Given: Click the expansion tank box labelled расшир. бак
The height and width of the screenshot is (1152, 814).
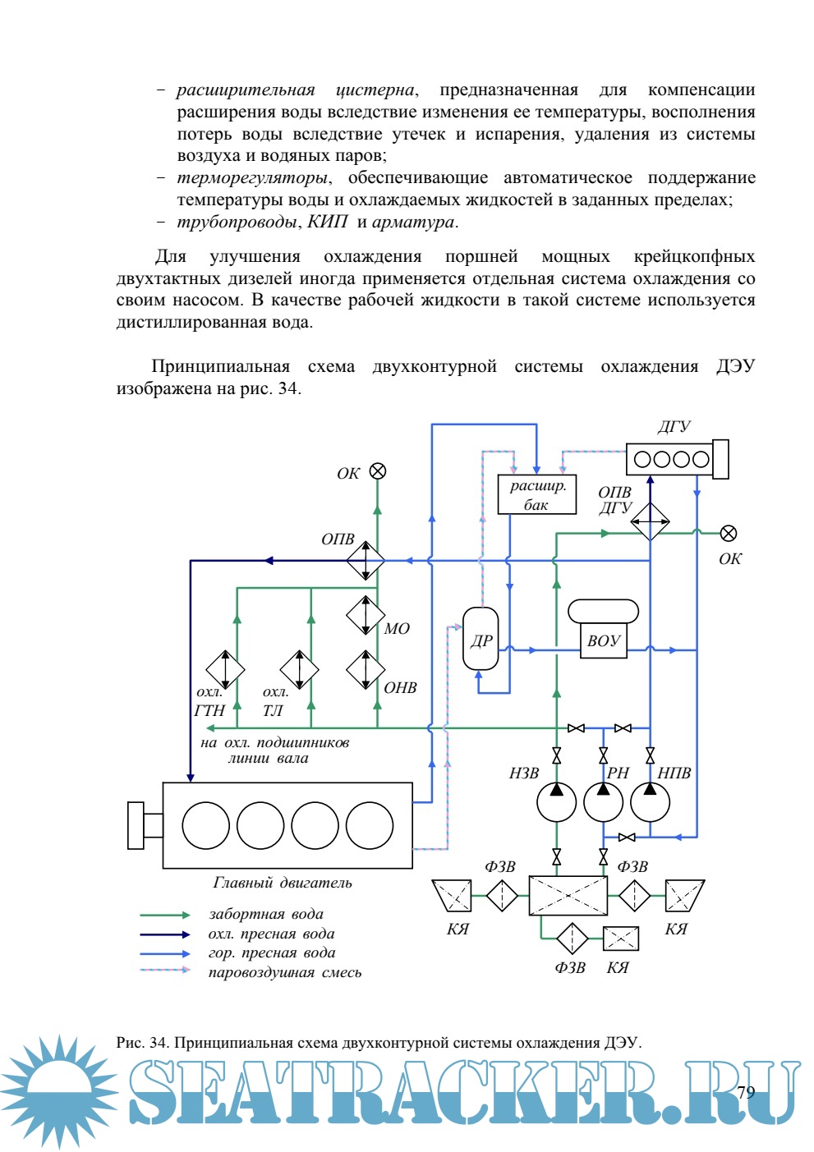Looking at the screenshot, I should pyautogui.click(x=536, y=494).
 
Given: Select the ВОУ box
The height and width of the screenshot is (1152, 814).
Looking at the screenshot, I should pyautogui.click(x=603, y=641).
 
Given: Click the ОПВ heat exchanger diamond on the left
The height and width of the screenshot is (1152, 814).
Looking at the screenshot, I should pyautogui.click(x=366, y=562).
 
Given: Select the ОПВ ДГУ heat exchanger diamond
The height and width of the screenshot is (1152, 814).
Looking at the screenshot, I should pyautogui.click(x=650, y=521).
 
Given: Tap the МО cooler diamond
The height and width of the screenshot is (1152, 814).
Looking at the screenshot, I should pyautogui.click(x=366, y=615).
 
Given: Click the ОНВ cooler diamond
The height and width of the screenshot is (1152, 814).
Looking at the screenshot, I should pyautogui.click(x=366, y=669).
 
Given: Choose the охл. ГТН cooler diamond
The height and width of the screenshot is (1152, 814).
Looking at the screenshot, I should pyautogui.click(x=225, y=669).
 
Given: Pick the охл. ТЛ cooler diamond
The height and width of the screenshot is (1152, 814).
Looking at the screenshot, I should pyautogui.click(x=299, y=669).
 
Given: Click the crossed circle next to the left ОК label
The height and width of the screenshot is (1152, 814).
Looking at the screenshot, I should pyautogui.click(x=378, y=471).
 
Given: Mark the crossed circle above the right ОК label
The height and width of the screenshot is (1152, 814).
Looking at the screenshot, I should pyautogui.click(x=729, y=534).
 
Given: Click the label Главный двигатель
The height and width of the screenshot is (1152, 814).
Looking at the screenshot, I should pyautogui.click(x=283, y=883).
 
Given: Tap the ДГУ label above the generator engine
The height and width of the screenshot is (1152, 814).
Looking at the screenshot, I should pyautogui.click(x=674, y=426).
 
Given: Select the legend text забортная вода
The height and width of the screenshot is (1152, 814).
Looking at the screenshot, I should pyautogui.click(x=266, y=914).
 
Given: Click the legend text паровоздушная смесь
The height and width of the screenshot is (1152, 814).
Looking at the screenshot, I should pyautogui.click(x=285, y=972).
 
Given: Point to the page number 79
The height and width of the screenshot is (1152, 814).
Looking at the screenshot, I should pyautogui.click(x=746, y=1091).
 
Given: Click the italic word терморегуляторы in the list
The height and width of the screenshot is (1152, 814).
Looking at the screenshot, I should pyautogui.click(x=253, y=178).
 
